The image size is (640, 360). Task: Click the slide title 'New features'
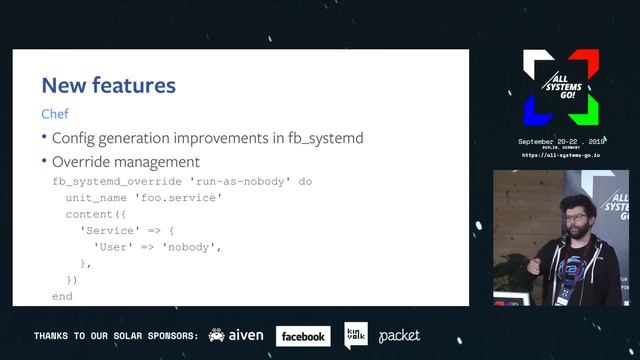pos(108,85)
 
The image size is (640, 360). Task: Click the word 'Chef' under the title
pos(55,114)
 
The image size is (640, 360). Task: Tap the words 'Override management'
pos(125,162)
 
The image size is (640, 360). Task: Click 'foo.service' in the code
pos(183,198)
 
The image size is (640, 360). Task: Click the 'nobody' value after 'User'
pos(189,247)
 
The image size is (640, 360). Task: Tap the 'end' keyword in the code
pos(62,297)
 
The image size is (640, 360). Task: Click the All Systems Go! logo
pos(560,87)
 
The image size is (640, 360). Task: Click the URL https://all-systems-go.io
pos(561,156)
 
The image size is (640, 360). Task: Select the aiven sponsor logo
pos(236,336)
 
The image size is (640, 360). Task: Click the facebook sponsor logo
pos(303,337)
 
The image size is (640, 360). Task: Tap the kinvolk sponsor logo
pos(355,335)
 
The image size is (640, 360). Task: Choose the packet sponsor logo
pos(399,336)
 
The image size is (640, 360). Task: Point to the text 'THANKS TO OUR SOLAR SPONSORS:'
pos(115,336)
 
